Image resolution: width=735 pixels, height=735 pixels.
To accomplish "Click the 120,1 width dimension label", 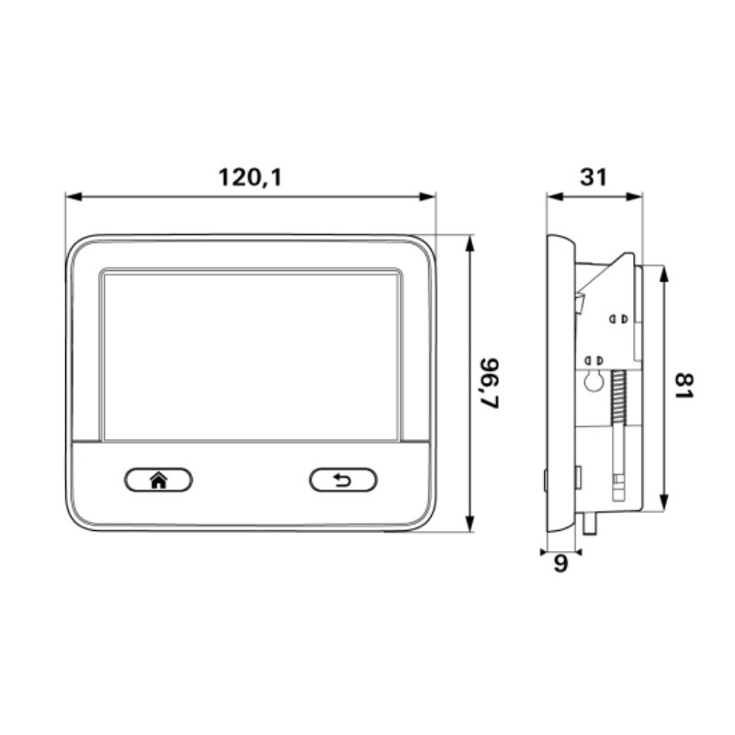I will pos(250,177).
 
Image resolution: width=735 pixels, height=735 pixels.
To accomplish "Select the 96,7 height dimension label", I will pos(493,383).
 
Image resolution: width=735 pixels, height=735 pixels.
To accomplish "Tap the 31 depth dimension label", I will pos(594,177).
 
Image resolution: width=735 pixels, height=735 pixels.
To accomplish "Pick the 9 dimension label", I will pos(560,564).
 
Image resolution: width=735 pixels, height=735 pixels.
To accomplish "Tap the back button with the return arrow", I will pos(343,480).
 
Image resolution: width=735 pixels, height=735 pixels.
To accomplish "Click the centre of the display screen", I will pos(251,356).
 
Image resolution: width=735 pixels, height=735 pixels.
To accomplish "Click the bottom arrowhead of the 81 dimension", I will pos(663,504).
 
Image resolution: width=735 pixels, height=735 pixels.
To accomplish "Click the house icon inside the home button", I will pos(158,480).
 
